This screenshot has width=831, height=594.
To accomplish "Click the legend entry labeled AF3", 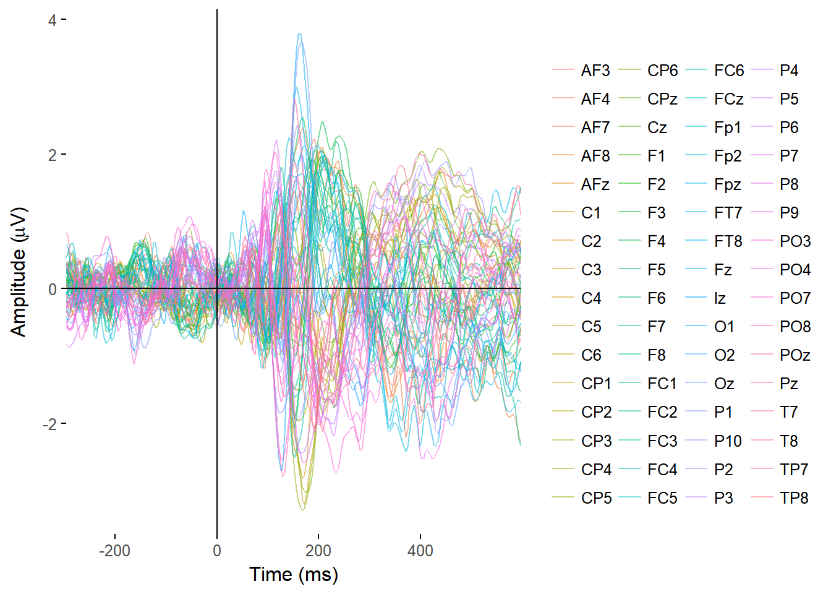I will (x=595, y=71).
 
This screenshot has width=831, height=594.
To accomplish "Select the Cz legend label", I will (x=657, y=127).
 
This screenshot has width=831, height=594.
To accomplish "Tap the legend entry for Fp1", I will (x=727, y=127).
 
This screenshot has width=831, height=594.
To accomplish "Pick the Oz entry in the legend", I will (x=724, y=384).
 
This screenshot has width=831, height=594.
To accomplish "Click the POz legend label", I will (x=795, y=355).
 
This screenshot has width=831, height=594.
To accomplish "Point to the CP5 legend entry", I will (x=596, y=497).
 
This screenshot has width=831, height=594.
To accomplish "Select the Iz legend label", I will (x=720, y=298).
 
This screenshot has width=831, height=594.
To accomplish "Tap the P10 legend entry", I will (x=727, y=441).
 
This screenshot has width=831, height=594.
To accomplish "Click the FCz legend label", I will (x=728, y=99).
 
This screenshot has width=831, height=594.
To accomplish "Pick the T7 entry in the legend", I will (x=789, y=412).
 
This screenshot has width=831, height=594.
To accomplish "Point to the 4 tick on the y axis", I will (x=52, y=20).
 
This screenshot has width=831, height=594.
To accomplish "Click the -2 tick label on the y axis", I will (x=49, y=424).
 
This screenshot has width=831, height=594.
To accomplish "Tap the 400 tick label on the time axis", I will (x=420, y=551).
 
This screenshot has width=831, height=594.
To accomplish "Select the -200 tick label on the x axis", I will (x=114, y=551).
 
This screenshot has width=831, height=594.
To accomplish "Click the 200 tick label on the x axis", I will (x=318, y=551).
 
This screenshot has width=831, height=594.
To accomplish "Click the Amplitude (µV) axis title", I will (x=19, y=272).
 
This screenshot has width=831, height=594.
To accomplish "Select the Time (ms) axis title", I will (x=294, y=574).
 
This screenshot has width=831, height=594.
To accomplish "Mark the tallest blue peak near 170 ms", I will (x=300, y=35).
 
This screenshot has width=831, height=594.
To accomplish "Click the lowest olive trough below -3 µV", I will (x=302, y=509).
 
